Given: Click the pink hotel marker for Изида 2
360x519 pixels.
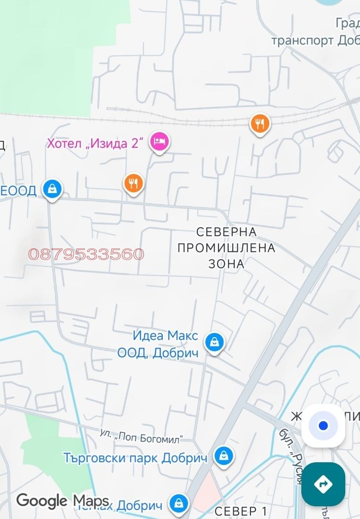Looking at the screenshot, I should point(159,141).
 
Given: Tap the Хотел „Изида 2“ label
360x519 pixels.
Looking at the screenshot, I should point(96,143).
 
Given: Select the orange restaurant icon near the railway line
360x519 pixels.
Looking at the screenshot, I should point(260,123).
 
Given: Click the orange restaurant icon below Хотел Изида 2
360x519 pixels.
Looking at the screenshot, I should point(134,183).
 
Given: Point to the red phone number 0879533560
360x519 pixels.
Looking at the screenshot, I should point(86,254).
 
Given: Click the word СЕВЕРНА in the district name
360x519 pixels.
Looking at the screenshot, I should point(226,232).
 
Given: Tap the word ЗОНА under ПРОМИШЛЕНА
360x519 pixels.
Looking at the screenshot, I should point(226,264).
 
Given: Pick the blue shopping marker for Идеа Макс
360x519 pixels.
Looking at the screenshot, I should point(214,343).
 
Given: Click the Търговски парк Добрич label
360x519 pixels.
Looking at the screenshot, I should point(135,458).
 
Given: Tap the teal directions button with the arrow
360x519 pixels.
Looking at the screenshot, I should point(323,484).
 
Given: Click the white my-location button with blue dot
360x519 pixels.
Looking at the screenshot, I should point(323,426).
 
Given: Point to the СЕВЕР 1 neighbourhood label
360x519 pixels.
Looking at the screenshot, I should point(240,511).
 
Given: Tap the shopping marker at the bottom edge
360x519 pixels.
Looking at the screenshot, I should point(178,503).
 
